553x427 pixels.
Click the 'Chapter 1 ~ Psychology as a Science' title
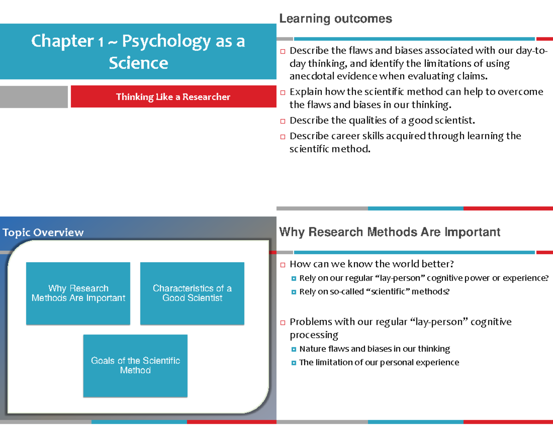click(x=138, y=52)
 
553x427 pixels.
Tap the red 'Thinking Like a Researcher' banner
click(x=173, y=97)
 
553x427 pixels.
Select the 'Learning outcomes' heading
click(x=335, y=19)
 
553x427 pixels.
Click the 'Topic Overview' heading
click(x=43, y=233)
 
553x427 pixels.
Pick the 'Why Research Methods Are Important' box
click(x=78, y=293)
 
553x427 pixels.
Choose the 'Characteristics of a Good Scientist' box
click(x=192, y=293)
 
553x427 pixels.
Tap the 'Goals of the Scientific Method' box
click(x=135, y=366)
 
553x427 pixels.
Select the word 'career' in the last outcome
click(x=346, y=136)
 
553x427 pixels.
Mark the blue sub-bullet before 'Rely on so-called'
click(x=294, y=292)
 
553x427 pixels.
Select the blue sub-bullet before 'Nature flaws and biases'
click(x=294, y=349)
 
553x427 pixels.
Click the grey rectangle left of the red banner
click(x=34, y=97)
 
